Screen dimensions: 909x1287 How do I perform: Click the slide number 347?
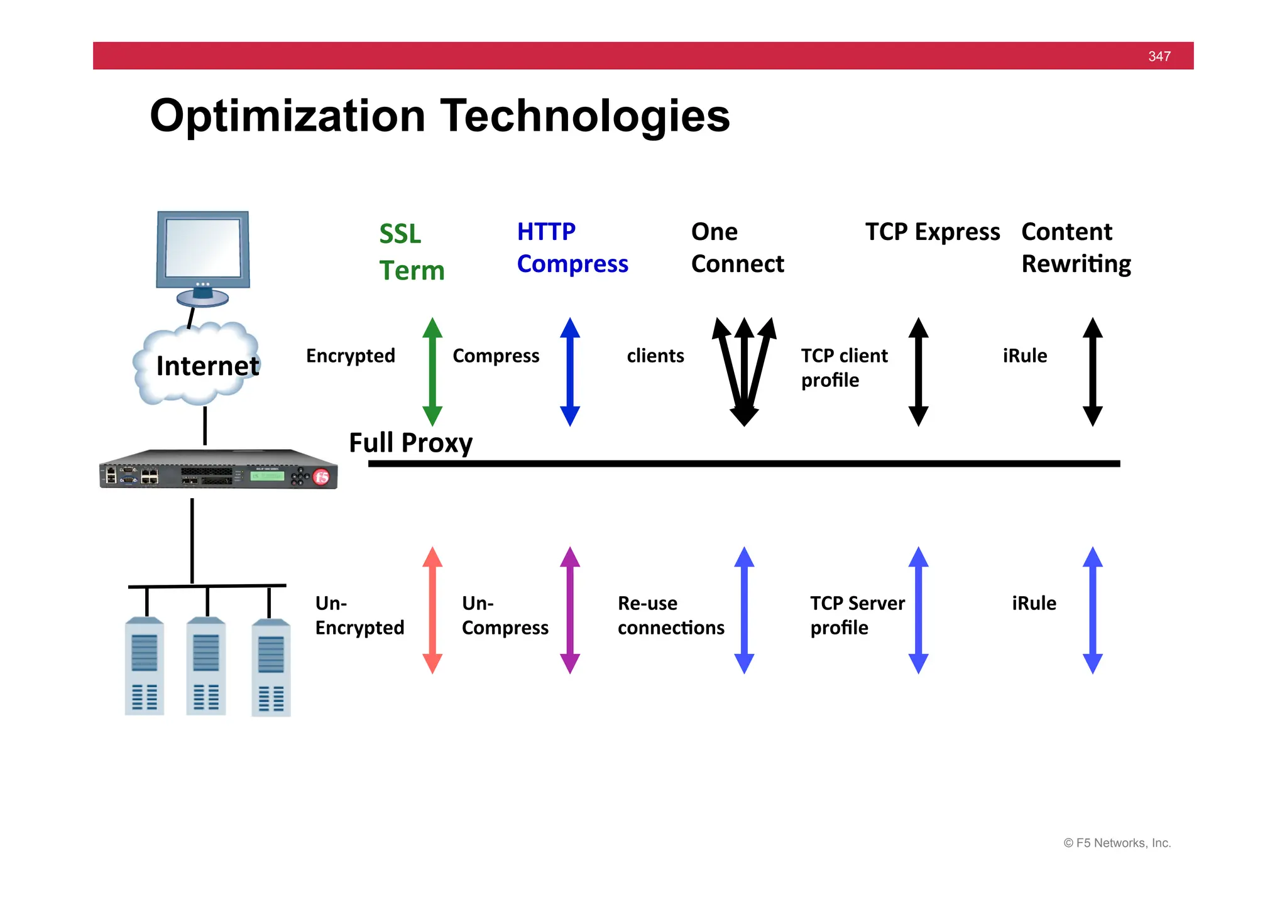pos(1159,57)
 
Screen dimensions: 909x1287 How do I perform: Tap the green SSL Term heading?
pos(411,252)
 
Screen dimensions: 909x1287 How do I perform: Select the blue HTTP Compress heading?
pos(572,248)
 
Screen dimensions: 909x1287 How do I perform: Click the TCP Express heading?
pos(932,232)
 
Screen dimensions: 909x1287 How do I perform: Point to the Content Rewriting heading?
pos(1076,248)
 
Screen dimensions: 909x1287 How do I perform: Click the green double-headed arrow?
pos(432,372)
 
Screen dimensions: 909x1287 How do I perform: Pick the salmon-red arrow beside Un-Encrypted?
pos(432,610)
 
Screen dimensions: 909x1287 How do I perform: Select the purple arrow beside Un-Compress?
pos(570,610)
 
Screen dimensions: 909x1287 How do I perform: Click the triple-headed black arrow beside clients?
pos(744,372)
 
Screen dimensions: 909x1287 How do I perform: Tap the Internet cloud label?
pos(207,366)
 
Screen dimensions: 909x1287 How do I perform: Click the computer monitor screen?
pos(202,248)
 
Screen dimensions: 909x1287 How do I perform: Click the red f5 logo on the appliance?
pos(322,477)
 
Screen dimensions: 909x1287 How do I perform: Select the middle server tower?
pos(206,666)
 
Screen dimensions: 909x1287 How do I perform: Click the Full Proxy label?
pos(410,443)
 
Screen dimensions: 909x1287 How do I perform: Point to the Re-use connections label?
pos(671,615)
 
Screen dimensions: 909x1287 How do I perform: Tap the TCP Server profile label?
pos(857,615)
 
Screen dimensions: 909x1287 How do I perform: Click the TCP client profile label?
pos(844,367)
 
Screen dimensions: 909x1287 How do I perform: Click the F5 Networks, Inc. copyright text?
pos(1117,843)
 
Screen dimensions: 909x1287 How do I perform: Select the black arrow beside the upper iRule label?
pos(1092,372)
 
